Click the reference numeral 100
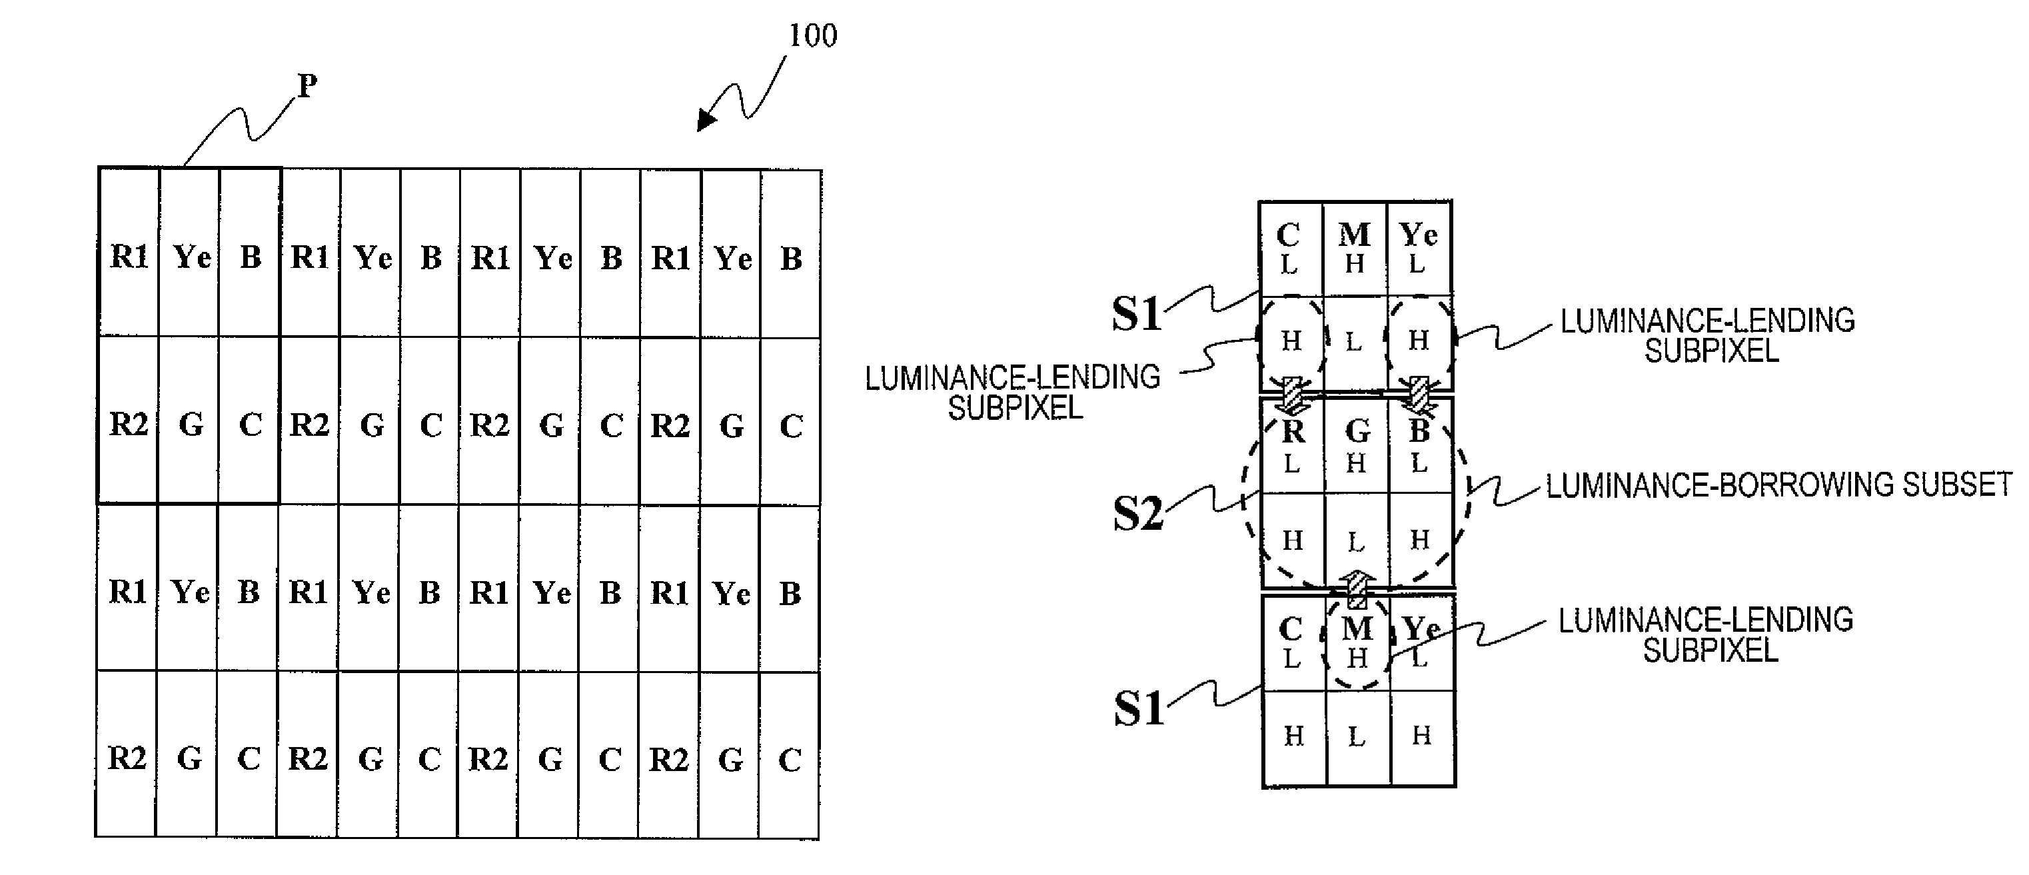coord(813,35)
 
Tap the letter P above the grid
coord(307,85)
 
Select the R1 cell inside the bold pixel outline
coord(129,254)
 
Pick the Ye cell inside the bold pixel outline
coord(190,254)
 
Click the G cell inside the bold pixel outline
coord(189,421)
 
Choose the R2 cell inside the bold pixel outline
coord(129,421)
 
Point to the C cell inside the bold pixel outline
coord(249,421)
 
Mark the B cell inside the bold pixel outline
coord(250,254)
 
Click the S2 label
coord(1137,514)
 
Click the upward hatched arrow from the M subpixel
coord(1357,589)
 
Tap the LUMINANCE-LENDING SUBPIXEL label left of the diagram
coord(1013,393)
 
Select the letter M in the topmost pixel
coord(1355,234)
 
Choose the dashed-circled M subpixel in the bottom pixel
coord(1357,642)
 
